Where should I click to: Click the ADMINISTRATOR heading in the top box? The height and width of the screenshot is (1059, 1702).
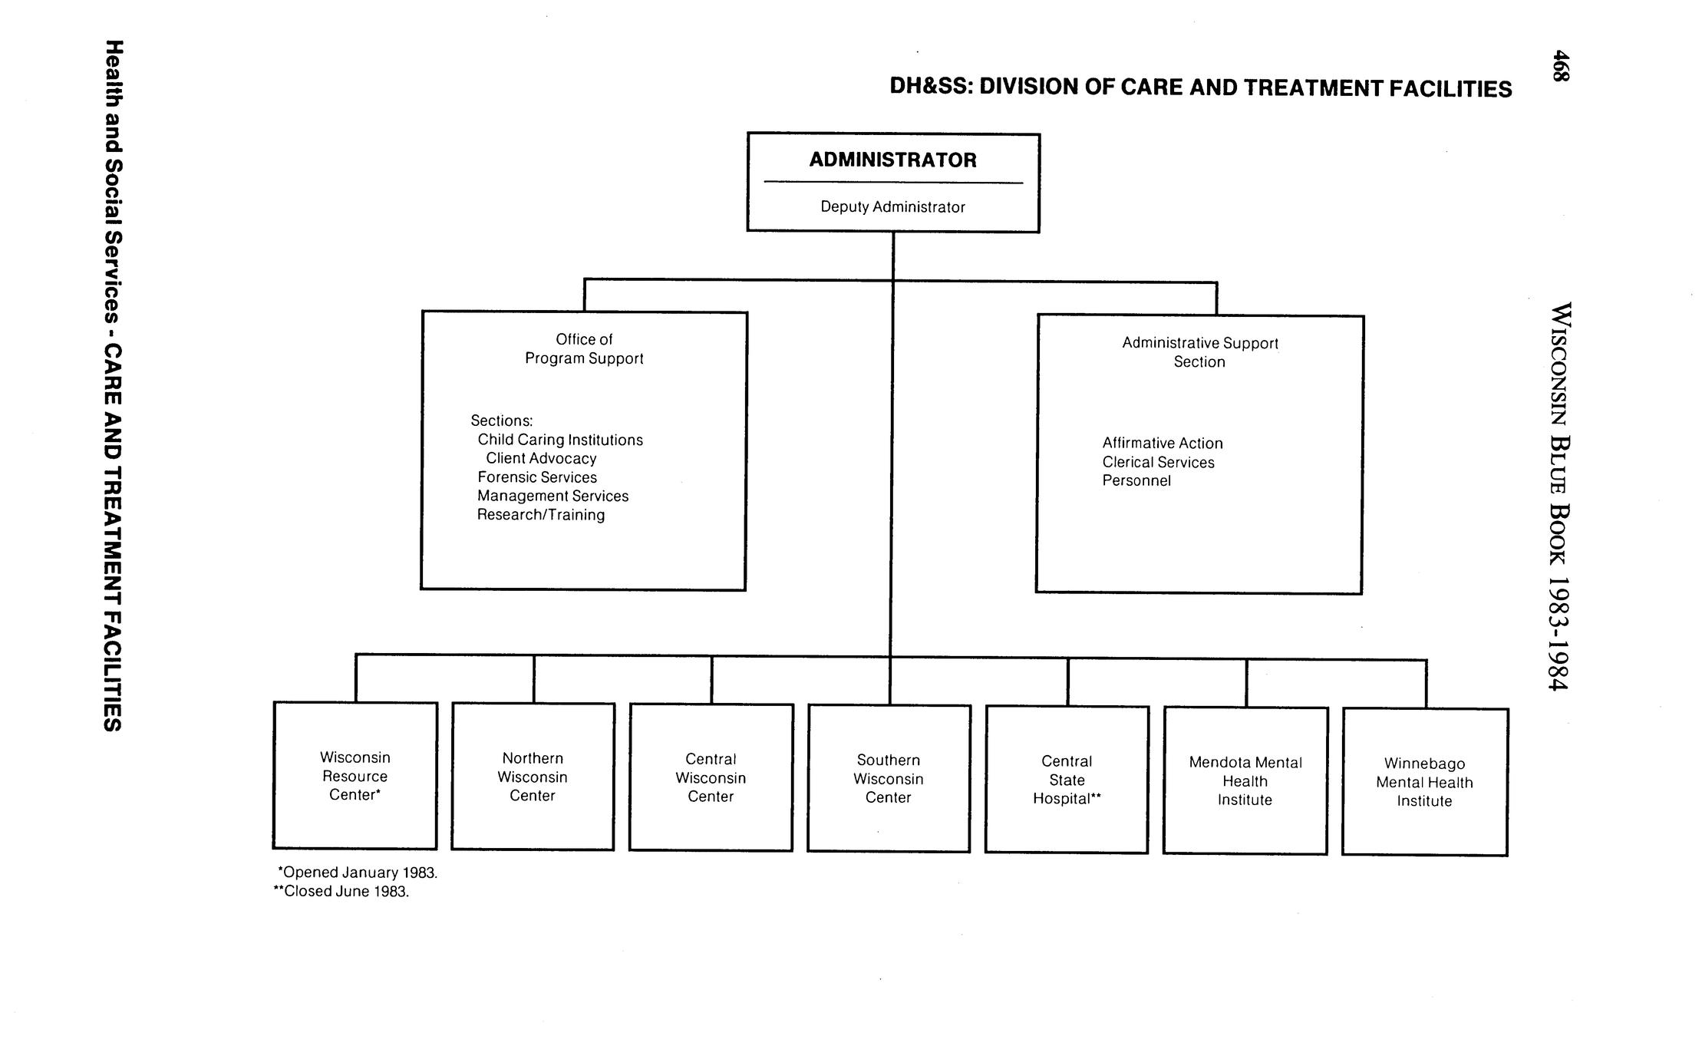click(x=892, y=160)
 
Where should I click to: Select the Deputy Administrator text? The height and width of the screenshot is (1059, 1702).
click(x=892, y=207)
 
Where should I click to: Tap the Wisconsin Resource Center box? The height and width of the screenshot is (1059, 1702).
click(x=355, y=776)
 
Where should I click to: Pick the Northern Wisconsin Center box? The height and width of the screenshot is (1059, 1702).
click(x=533, y=777)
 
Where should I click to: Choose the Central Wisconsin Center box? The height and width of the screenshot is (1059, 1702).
click(x=711, y=777)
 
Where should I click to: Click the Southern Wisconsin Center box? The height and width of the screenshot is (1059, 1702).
click(x=889, y=779)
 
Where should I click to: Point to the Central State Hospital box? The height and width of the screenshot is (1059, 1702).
click(x=1067, y=780)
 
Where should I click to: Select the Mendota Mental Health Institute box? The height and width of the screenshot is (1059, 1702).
click(x=1245, y=781)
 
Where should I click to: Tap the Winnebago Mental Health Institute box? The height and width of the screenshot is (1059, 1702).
click(x=1424, y=782)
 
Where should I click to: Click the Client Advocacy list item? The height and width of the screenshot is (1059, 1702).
click(x=541, y=459)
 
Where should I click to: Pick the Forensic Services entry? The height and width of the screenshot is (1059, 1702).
click(x=537, y=477)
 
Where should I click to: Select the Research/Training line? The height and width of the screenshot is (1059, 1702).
click(x=541, y=515)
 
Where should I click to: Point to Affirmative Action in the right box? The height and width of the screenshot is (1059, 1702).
click(x=1163, y=444)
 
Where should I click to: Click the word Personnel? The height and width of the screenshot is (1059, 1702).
click(x=1136, y=481)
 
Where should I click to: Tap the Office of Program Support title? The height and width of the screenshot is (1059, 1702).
click(x=584, y=349)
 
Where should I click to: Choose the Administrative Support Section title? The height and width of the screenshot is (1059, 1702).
click(x=1199, y=352)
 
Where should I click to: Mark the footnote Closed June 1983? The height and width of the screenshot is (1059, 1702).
click(x=342, y=892)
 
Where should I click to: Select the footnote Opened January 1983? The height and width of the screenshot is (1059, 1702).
click(x=358, y=873)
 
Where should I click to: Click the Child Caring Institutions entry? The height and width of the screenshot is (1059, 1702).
click(x=560, y=440)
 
